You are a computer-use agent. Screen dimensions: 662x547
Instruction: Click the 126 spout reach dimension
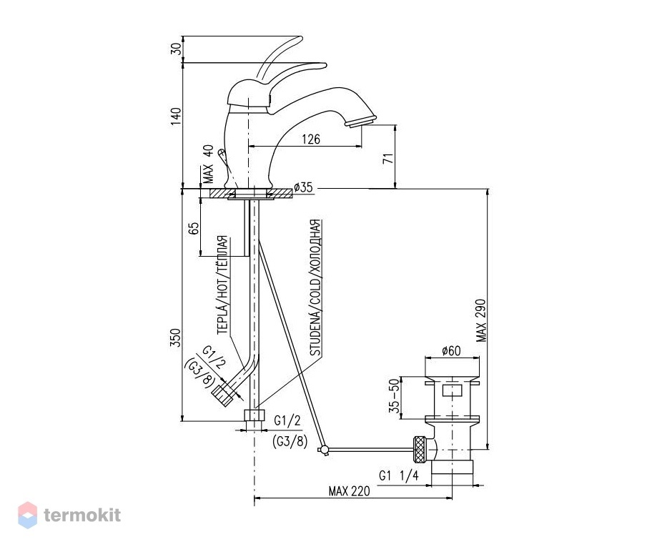[311, 139]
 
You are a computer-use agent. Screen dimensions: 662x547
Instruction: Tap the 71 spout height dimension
[387, 159]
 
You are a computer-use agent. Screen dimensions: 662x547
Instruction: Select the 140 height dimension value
[176, 116]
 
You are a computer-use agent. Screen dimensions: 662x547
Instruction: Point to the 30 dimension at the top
[176, 49]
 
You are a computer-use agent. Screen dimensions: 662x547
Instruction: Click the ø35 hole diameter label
[303, 187]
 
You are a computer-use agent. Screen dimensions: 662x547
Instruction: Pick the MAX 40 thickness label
[208, 164]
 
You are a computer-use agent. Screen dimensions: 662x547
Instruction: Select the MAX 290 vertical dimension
[481, 320]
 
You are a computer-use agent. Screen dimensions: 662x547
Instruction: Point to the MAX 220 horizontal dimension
[349, 491]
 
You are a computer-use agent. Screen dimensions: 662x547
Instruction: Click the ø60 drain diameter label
[451, 351]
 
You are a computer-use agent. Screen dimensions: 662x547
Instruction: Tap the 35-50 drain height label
[394, 396]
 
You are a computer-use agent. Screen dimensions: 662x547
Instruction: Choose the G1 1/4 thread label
[398, 475]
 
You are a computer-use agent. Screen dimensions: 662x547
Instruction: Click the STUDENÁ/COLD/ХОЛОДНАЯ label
[315, 287]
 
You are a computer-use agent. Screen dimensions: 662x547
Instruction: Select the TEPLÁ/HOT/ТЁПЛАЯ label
[222, 285]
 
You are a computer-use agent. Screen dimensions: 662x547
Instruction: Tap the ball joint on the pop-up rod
[325, 450]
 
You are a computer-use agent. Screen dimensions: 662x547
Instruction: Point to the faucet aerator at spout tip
[360, 122]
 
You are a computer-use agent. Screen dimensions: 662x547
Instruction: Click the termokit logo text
[82, 516]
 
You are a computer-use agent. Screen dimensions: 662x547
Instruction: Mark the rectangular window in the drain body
[452, 390]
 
